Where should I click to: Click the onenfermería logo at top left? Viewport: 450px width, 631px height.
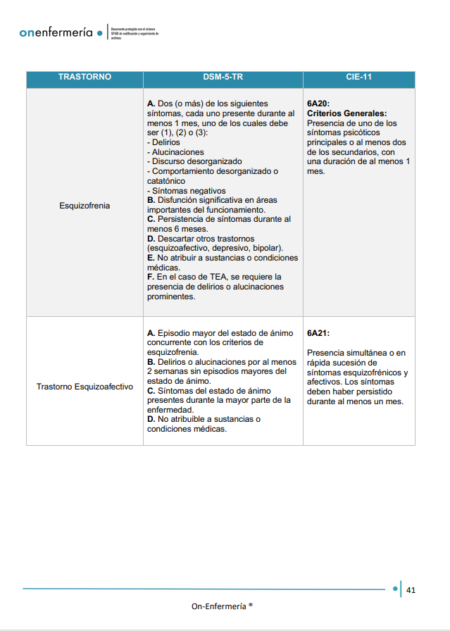tap(56, 33)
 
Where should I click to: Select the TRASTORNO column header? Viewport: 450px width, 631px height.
tap(85, 77)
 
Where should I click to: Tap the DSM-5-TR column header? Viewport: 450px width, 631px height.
tap(223, 77)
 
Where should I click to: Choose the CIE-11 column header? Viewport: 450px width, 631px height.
tap(359, 77)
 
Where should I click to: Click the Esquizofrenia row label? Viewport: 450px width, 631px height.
tap(85, 206)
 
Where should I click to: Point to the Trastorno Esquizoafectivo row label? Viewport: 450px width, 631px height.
tap(85, 387)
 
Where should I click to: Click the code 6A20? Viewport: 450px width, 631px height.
tap(318, 104)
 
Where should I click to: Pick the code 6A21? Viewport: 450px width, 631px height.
tap(318, 333)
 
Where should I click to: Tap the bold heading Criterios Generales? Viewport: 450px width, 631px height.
tap(347, 113)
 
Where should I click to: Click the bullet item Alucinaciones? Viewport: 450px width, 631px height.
tap(176, 152)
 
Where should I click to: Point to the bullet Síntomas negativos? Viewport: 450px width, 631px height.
tap(187, 190)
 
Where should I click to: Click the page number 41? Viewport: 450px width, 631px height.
tap(411, 589)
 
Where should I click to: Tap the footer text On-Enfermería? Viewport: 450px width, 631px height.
tap(220, 606)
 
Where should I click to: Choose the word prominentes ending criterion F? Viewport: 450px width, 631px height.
tap(171, 296)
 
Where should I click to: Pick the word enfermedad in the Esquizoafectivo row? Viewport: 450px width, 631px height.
tap(170, 409)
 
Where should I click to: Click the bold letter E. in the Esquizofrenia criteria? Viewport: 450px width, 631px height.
tap(151, 258)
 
